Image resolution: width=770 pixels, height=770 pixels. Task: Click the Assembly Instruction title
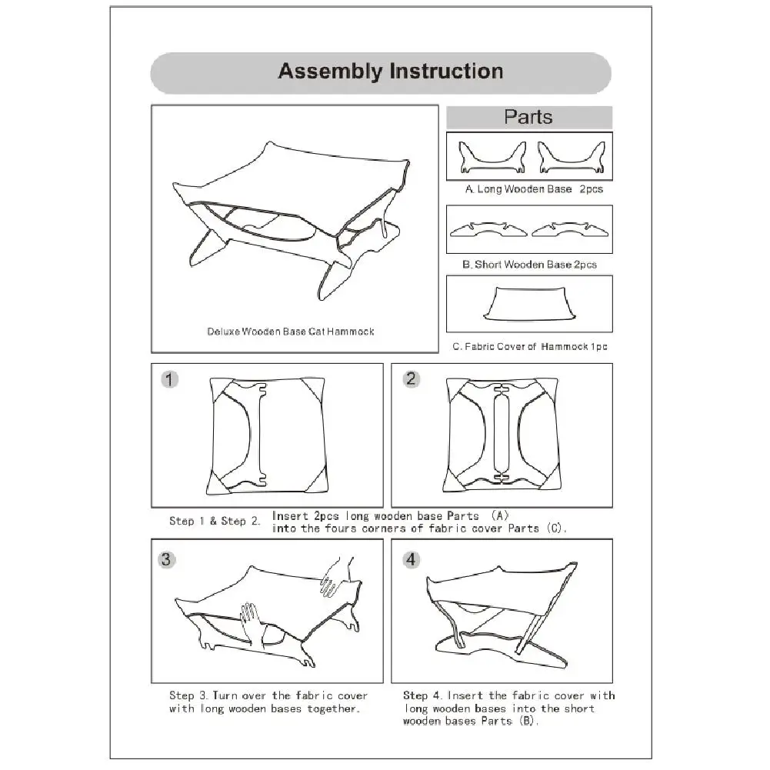tap(390, 72)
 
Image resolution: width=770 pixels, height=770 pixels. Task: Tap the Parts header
tap(528, 117)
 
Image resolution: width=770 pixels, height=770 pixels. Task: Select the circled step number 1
tap(170, 378)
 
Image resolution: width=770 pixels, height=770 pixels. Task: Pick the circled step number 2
tap(412, 378)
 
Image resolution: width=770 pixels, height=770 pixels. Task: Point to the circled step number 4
tap(411, 559)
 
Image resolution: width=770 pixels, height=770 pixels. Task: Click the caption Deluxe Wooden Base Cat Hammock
tap(291, 332)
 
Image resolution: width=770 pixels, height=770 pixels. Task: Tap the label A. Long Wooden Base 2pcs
tap(534, 188)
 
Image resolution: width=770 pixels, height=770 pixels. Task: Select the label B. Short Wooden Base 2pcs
tap(530, 265)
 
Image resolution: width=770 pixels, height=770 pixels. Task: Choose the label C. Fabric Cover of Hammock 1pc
tap(530, 347)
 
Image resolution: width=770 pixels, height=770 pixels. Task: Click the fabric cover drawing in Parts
tap(529, 303)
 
